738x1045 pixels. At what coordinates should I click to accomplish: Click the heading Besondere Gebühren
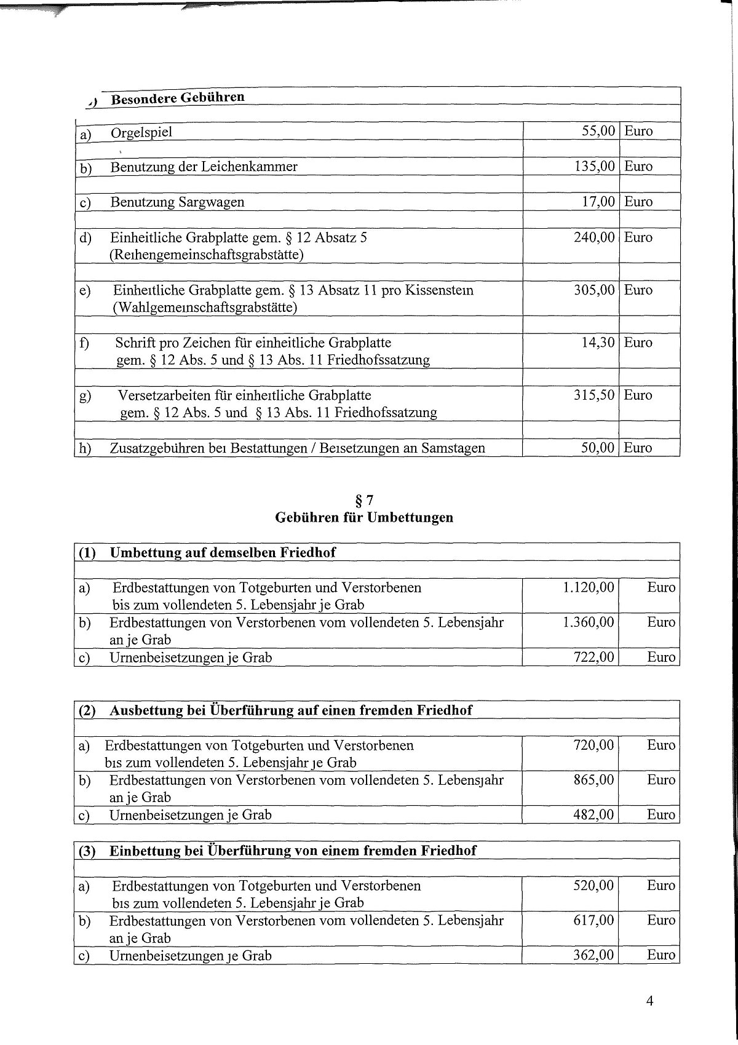coord(178,98)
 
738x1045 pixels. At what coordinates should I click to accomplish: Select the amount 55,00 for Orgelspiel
coord(598,131)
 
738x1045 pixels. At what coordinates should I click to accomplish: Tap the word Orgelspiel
coord(141,132)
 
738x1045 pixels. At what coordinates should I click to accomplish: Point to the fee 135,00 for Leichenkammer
coord(593,166)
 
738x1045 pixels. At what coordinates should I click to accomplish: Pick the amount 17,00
coord(598,202)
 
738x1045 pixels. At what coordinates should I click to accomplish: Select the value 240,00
coord(593,237)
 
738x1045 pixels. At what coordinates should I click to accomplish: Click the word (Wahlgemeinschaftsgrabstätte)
coord(205,308)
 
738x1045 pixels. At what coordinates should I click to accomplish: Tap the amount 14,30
coord(598,343)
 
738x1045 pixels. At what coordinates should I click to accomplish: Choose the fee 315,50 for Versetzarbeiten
coord(593,395)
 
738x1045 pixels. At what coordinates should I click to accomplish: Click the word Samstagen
coord(453,448)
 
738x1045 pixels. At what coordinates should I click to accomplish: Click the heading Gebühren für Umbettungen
coord(364,517)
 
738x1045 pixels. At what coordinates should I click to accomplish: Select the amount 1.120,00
coord(588,587)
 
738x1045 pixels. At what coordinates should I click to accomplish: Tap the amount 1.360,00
coord(588,622)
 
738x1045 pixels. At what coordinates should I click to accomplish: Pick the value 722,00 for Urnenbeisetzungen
coord(593,658)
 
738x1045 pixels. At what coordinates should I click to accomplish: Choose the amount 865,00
coord(593,780)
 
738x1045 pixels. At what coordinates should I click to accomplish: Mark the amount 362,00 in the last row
coord(593,955)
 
